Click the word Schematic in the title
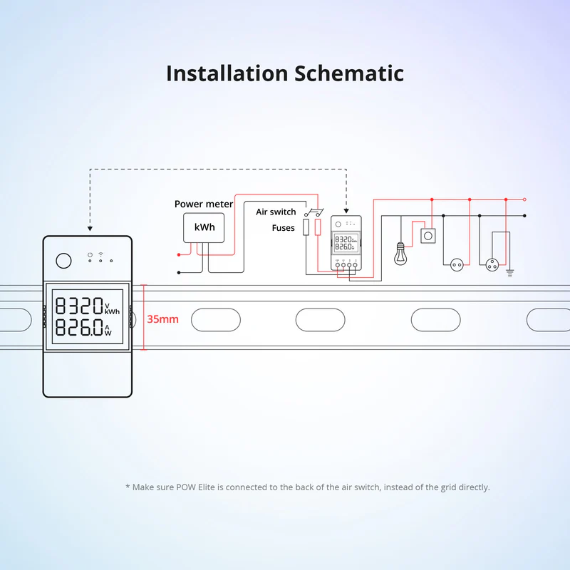[348, 73]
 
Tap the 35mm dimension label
[162, 319]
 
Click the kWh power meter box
[203, 227]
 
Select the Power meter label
[204, 204]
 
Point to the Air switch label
[276, 212]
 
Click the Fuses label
[283, 228]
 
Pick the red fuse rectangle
[318, 227]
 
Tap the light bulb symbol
[400, 252]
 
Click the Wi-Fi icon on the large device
[101, 254]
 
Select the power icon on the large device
[90, 254]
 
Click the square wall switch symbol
[429, 235]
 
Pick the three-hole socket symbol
[491, 264]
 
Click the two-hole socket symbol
[454, 264]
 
